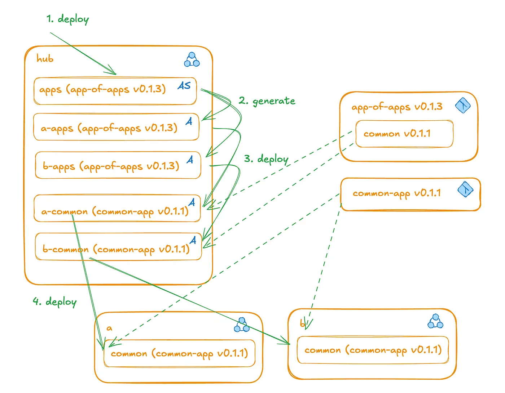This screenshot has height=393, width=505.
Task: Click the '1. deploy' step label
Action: pos(67,19)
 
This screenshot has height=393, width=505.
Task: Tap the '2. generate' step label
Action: pos(267,101)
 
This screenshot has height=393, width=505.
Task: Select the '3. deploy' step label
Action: pos(266,159)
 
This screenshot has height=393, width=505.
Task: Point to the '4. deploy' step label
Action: pos(55,302)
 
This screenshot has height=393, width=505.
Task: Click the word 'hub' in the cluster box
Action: pos(45,59)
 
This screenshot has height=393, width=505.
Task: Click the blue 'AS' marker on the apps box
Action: pos(184,86)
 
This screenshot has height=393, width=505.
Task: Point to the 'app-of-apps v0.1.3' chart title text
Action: pos(397,107)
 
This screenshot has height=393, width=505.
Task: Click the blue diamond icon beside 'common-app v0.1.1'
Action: pos(466,189)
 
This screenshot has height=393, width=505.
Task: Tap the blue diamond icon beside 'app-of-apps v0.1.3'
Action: pos(463,106)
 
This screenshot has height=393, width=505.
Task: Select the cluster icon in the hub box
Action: pos(192,60)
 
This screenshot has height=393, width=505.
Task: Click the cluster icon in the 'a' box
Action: pos(242,325)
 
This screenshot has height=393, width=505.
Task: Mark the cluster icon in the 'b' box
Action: pos(435,321)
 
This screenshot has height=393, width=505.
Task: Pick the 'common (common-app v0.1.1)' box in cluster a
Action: pos(179,353)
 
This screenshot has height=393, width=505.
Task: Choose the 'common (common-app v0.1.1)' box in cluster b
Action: pos(373,350)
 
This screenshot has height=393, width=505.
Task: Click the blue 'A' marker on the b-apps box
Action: pos(190,160)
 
